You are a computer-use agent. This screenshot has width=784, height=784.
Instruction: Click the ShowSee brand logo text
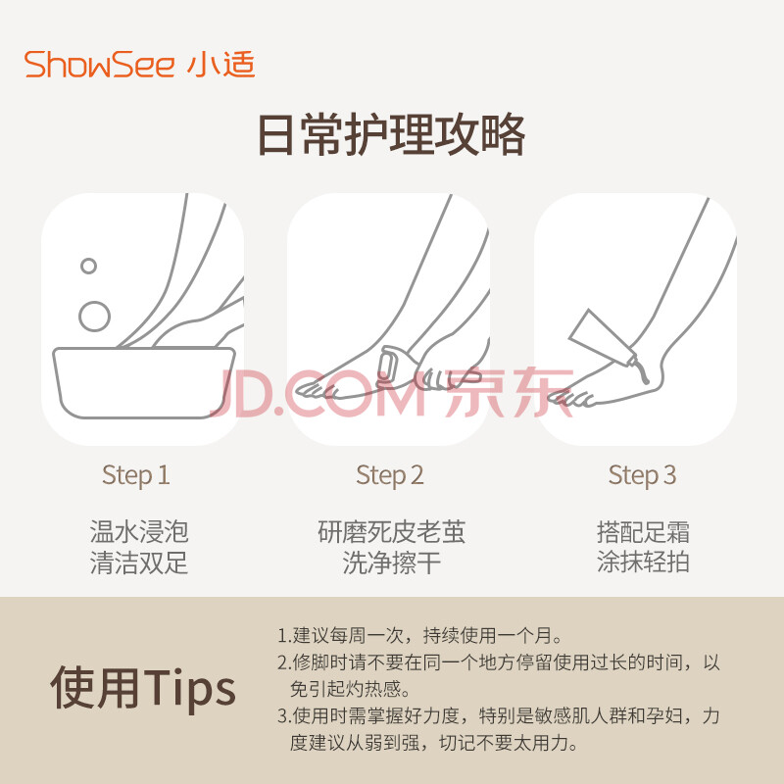99,65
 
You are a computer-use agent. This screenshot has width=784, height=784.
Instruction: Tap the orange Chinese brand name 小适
221,65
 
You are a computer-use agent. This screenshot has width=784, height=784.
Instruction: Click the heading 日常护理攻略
391,135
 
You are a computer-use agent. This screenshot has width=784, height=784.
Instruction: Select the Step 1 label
135,475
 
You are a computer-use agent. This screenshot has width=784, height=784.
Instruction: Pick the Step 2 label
389,475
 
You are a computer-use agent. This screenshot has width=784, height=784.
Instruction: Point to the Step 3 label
642,475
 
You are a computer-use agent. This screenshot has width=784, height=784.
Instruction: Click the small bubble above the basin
88,266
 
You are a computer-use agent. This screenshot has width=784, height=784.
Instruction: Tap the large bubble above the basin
94,317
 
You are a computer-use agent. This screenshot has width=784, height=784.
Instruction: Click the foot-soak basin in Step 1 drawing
143,382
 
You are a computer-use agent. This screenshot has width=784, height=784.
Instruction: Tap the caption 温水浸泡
139,531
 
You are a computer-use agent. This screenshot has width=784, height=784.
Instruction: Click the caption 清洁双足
139,563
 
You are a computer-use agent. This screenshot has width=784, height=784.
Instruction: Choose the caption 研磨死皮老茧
391,531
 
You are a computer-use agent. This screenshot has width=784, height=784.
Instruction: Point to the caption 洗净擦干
391,563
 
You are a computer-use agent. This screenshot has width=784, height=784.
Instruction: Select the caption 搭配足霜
643,531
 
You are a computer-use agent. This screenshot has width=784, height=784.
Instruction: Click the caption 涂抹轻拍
643,562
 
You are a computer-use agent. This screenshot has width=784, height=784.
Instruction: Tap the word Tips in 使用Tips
190,688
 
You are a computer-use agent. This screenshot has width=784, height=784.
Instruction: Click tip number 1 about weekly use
420,635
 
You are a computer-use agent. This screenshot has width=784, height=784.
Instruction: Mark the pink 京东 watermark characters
509,392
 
